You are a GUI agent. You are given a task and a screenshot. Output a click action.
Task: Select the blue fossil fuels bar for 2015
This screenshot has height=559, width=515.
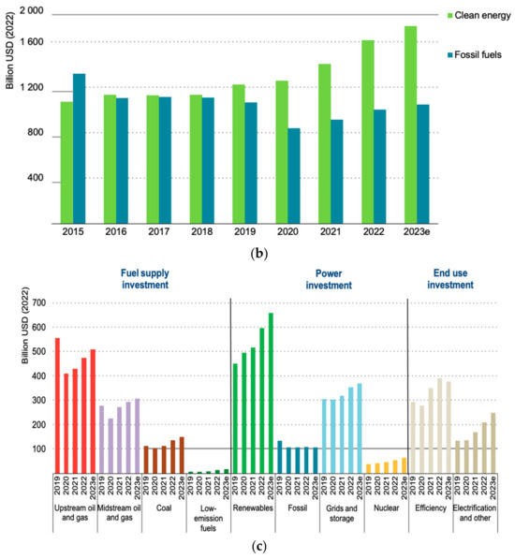click(79, 150)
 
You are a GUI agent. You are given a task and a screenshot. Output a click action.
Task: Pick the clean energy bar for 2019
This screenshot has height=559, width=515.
click(239, 155)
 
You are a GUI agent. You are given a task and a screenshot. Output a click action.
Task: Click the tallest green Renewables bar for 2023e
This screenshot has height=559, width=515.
click(271, 393)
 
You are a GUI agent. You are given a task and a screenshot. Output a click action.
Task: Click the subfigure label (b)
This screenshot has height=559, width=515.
click(257, 252)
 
